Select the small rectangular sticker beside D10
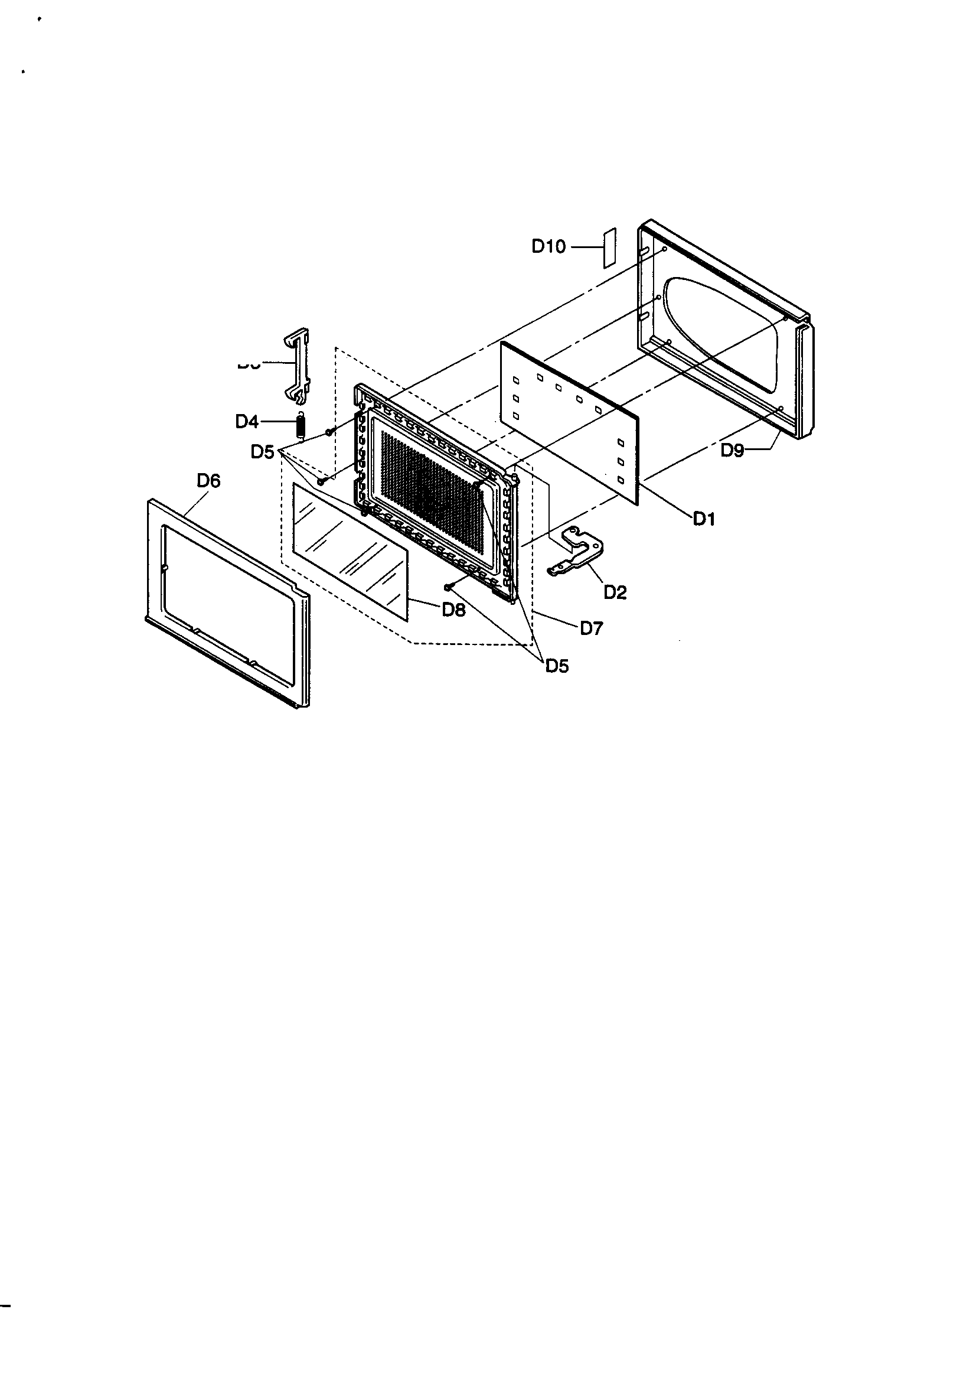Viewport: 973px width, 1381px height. pos(609,247)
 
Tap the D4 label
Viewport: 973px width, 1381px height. pos(247,422)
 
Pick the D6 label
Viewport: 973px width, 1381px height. pos(208,481)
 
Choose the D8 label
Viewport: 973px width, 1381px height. pos(453,610)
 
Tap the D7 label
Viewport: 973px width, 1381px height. pos(591,628)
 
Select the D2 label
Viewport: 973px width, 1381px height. pos(615,593)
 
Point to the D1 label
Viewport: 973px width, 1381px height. pos(704,519)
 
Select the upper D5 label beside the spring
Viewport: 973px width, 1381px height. pos(262,452)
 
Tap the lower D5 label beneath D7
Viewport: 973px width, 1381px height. pos(557,666)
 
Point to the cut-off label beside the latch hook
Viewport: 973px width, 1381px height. pos(249,364)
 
